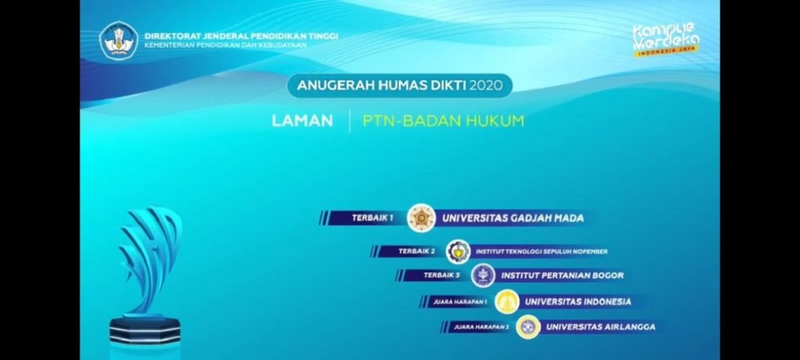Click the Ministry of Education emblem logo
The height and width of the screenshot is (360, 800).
pos(120,40)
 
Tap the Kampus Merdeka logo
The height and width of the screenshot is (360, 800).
pos(666,39)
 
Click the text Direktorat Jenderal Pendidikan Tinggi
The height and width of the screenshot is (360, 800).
pos(241,36)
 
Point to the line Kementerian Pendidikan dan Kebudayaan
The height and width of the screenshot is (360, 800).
pos(225,45)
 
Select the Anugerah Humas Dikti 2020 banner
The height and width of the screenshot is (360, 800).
pos(399,85)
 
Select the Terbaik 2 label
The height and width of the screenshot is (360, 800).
pos(416,251)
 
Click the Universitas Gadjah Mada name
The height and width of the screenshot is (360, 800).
pos(512,219)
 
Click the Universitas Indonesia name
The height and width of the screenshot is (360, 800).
pos(577,301)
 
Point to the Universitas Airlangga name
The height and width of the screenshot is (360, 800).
pos(600,327)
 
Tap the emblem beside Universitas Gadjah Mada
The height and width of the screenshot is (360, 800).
pos(422,218)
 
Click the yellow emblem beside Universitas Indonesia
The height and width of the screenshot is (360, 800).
pos(508,301)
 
